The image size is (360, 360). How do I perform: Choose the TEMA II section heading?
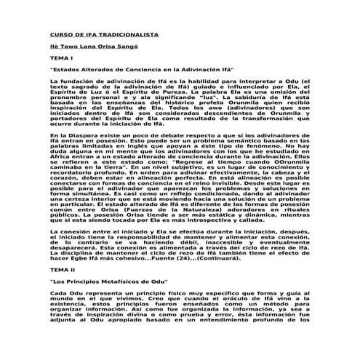60,249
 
